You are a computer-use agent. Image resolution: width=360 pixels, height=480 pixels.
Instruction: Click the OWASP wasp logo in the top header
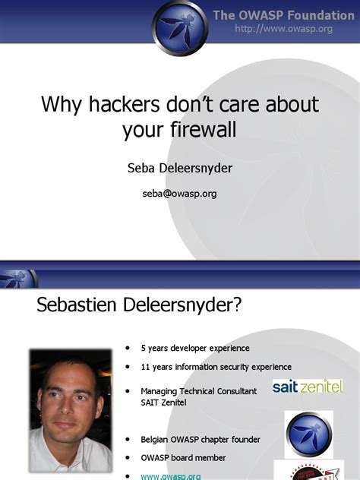coord(179,29)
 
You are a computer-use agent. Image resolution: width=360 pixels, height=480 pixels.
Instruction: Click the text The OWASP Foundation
coord(283,15)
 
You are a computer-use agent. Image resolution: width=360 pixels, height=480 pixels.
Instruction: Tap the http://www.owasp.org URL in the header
coord(284,29)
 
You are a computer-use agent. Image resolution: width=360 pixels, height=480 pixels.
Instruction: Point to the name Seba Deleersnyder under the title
coord(179,167)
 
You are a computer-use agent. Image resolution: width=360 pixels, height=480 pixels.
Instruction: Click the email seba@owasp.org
coord(179,194)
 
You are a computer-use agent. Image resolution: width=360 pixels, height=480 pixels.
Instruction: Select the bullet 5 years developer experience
coord(194,349)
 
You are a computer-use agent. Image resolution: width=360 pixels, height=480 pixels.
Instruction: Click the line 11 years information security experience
coord(216,367)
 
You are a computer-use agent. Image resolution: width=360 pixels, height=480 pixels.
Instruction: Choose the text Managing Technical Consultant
coord(199,390)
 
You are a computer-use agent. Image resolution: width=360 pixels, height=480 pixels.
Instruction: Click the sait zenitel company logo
coord(308,387)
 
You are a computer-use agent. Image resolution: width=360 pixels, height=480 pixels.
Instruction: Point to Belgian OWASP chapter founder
coord(200,439)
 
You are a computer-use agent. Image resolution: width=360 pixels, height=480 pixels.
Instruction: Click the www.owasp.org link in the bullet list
coord(170,475)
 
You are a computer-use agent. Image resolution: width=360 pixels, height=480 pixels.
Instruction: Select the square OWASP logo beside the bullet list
coord(308,434)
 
